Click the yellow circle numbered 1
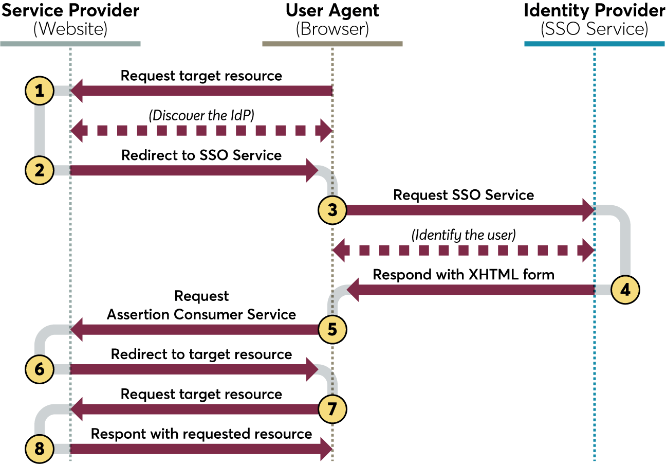click(x=40, y=91)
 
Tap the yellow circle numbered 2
click(x=40, y=170)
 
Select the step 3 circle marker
click(x=332, y=210)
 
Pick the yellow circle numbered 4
click(x=625, y=290)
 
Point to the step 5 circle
click(x=332, y=329)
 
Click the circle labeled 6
click(x=40, y=369)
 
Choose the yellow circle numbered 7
click(x=332, y=409)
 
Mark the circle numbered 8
click(x=40, y=449)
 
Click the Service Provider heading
click(x=70, y=11)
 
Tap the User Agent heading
click(x=332, y=11)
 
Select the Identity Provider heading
click(x=595, y=11)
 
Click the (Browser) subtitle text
click(x=332, y=29)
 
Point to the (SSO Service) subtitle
click(x=595, y=29)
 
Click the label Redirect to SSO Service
click(x=201, y=155)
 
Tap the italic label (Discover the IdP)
click(x=201, y=116)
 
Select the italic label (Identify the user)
click(x=464, y=235)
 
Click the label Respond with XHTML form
click(x=464, y=275)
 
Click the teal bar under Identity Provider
click(x=595, y=44)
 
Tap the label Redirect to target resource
click(x=201, y=354)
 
